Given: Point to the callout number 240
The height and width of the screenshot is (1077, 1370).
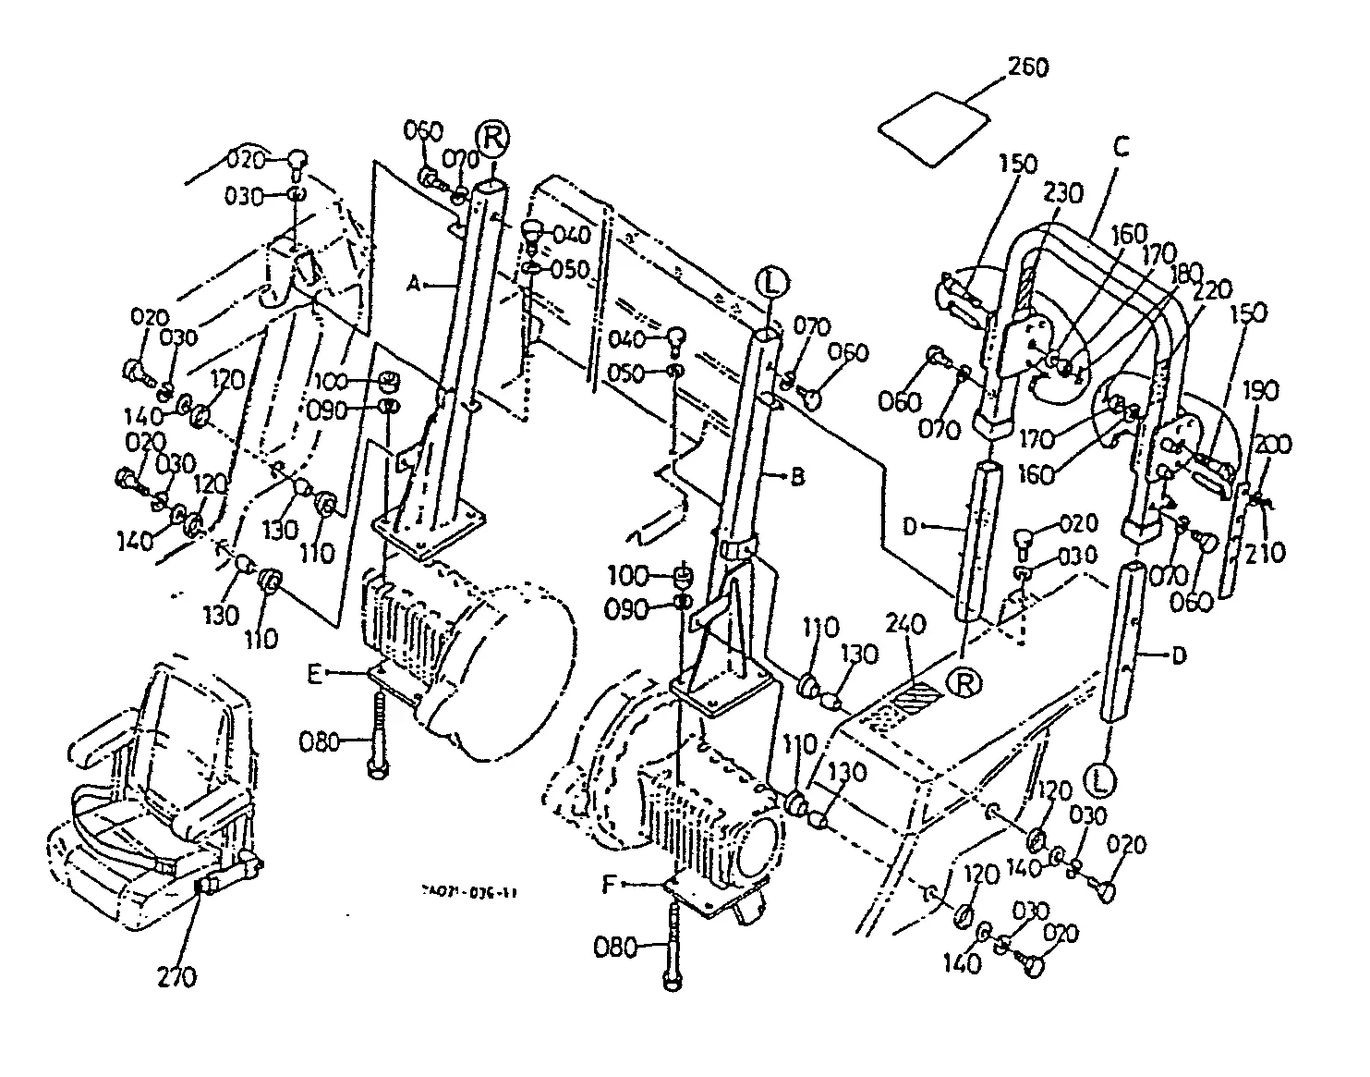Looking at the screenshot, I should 905,625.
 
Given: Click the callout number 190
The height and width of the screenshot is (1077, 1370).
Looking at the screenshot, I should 1263,391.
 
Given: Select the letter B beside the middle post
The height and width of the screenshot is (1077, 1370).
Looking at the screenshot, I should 798,477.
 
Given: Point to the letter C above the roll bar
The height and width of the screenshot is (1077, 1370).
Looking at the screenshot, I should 1120,145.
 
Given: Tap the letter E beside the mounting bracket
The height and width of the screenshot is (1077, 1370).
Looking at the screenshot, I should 315,675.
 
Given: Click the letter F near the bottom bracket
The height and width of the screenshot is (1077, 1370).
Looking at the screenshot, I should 608,884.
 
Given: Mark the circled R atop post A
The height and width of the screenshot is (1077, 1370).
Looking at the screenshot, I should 491,138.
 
